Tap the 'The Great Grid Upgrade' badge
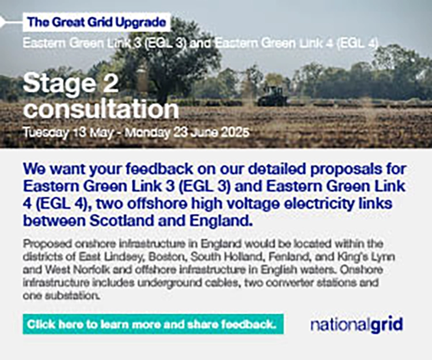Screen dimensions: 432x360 pyautogui.click(x=97, y=22)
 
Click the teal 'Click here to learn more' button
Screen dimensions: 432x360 pyautogui.click(x=153, y=324)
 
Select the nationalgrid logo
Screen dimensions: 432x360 pyautogui.click(x=357, y=324)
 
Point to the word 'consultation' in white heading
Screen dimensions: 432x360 pyautogui.click(x=101, y=109)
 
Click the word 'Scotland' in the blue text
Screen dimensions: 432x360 pyautogui.click(x=123, y=221)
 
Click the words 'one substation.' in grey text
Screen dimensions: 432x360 pyautogui.click(x=61, y=296)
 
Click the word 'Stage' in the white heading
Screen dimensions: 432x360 pyautogui.click(x=58, y=84)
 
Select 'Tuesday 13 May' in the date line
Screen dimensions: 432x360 pyautogui.click(x=68, y=132)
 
